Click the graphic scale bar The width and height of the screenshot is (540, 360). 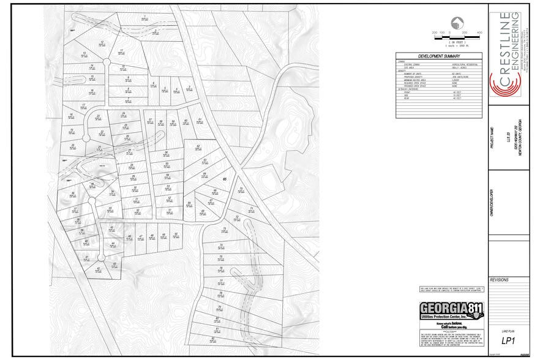456,37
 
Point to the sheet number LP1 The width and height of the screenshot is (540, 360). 508,340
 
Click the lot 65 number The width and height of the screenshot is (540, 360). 225,179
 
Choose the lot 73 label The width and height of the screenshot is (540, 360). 224,229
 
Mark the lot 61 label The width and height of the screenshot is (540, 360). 200,119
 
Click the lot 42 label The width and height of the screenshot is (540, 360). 99,268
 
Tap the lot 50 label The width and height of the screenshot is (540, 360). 175,234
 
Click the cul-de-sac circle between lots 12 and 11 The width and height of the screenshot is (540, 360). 107,62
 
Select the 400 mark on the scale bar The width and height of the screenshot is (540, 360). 480,32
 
